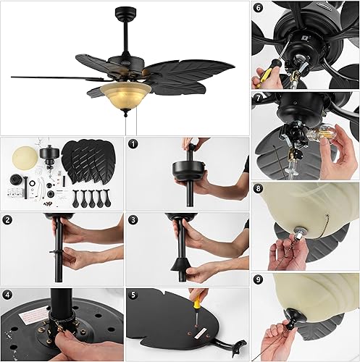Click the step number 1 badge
(133, 144)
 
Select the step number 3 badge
(133, 219)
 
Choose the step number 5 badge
(133, 295)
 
